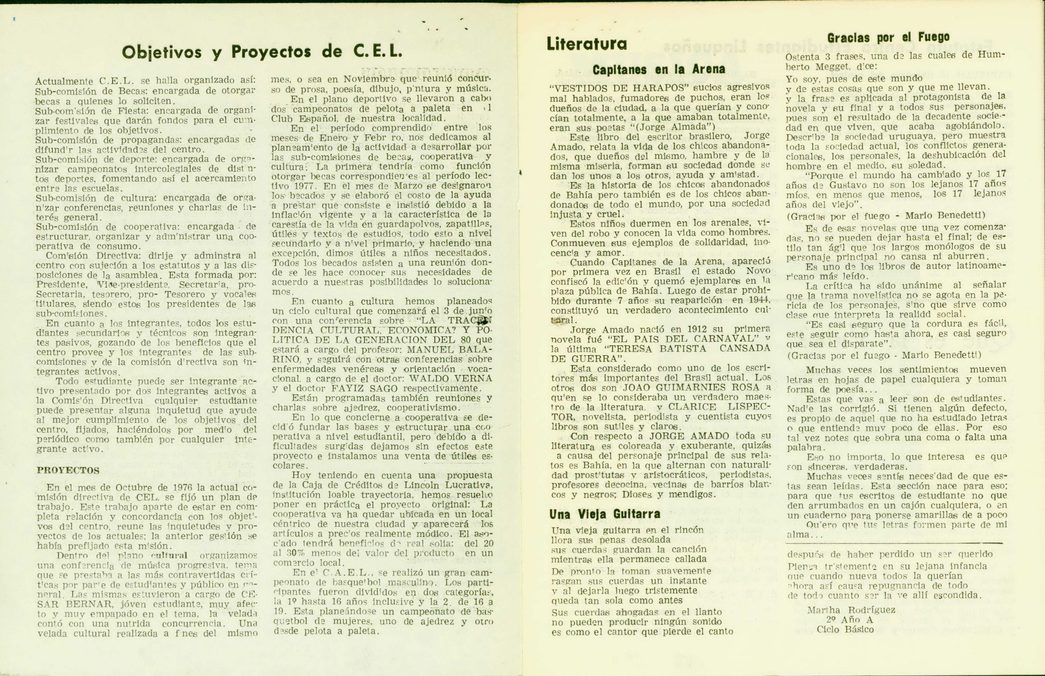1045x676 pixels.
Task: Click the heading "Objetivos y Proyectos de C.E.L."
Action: point(262,52)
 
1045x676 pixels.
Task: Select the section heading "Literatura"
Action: point(586,44)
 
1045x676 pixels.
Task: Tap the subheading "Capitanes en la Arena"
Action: point(659,69)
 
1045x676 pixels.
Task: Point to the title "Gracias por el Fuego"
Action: point(888,37)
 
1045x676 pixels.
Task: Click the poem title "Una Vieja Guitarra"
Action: point(605,514)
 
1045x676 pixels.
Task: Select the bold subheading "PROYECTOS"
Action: point(68,470)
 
